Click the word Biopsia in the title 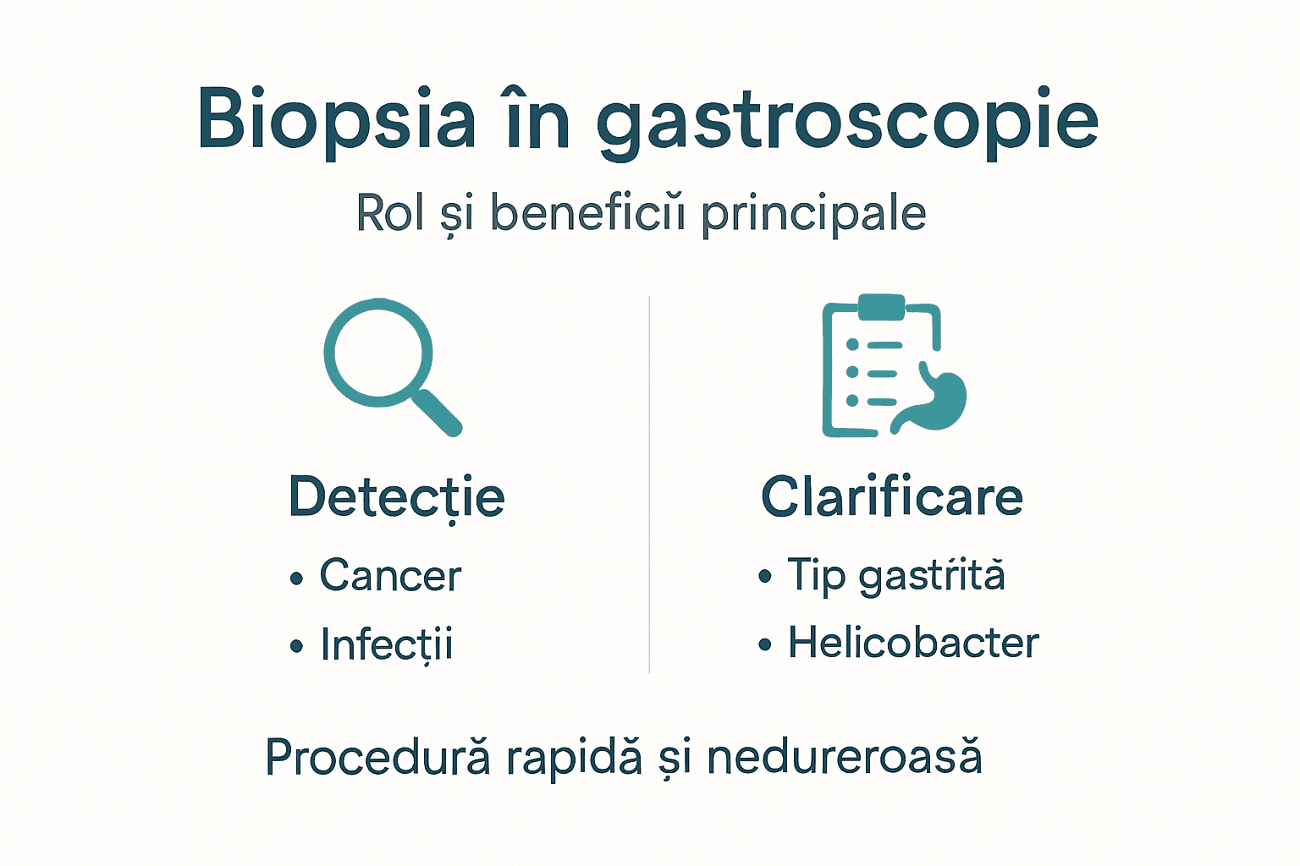pos(336,120)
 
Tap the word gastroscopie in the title pos(847,123)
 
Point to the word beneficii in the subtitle pos(587,213)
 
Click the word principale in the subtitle pos(813,215)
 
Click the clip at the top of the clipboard pos(881,306)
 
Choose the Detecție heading pos(396,497)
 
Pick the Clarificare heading pos(892,496)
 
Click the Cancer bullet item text pos(390,577)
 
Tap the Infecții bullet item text pos(387,645)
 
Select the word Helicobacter pos(913,643)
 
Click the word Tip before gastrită pos(817,576)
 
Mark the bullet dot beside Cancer pos(296,579)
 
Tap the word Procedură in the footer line pos(377,757)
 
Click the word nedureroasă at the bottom pos(844,757)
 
